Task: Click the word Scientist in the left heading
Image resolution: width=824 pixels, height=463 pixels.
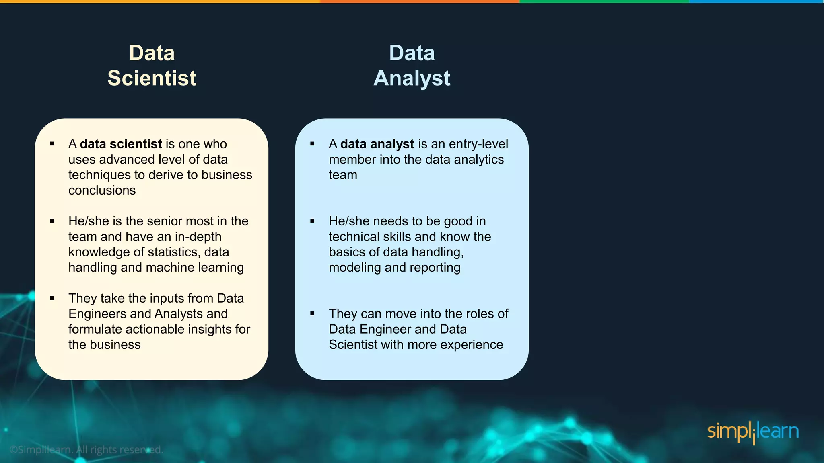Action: coord(152,78)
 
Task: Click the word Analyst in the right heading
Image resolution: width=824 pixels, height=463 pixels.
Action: coord(412,78)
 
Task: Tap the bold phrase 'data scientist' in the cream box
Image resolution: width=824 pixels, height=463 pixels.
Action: coord(121,144)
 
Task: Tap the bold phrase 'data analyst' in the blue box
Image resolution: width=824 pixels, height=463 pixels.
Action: coord(377,144)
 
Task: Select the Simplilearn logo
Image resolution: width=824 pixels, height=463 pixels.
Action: coord(753,432)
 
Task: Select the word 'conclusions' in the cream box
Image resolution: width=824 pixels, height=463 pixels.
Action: coord(102,190)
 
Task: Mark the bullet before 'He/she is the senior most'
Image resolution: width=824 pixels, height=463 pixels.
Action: coord(52,221)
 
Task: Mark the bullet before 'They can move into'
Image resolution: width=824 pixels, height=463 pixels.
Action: coord(312,313)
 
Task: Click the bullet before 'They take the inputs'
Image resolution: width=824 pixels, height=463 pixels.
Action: coord(52,298)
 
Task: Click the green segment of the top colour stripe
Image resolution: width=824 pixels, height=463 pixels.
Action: coord(604,2)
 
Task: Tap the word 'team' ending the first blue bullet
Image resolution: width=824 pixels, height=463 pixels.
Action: coord(343,175)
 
